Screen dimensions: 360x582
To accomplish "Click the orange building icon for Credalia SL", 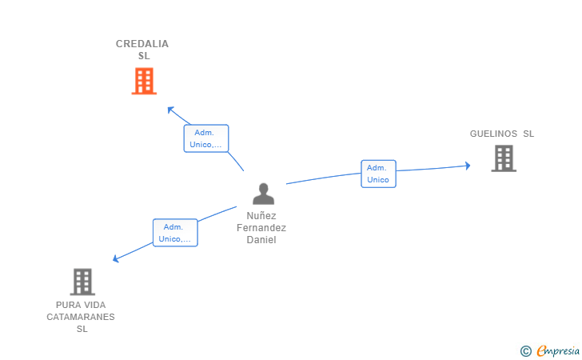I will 144,81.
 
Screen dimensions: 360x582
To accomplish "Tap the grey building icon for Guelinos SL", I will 503,158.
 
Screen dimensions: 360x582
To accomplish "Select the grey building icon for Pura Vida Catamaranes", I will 82,282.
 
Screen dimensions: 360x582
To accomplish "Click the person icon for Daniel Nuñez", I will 263,194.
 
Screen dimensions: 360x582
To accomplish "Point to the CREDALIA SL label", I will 142,50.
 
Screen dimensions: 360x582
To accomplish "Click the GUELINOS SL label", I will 501,134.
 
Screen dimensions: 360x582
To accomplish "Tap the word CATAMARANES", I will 81,317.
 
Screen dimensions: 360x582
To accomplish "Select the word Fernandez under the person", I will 261,228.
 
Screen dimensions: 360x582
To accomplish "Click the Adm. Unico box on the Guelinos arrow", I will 378,174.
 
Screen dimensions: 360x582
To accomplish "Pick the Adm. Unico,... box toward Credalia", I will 206,138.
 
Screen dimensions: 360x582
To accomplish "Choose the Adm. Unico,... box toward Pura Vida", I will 175,233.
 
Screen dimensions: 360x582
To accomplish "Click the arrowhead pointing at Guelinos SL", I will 468,166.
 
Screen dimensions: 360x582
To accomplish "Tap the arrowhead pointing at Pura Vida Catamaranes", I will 116,259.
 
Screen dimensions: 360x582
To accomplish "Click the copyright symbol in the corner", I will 525,350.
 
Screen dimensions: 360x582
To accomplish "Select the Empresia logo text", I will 558,350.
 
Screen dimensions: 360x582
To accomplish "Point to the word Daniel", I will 261,240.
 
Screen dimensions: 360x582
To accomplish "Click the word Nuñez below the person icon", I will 261,216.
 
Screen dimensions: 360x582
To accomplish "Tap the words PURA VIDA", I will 81,305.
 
